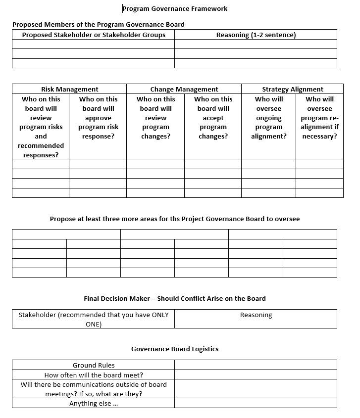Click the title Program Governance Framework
click(175, 8)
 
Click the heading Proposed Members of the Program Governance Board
click(99, 24)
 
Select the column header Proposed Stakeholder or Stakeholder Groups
click(94, 35)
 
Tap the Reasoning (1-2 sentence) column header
click(256, 35)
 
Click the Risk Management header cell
click(69, 89)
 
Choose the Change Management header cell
click(184, 89)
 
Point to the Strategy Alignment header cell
click(292, 89)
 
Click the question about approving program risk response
click(98, 118)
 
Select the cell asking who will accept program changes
click(213, 118)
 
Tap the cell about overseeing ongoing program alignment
click(268, 118)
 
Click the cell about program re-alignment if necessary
click(319, 118)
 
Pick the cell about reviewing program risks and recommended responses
click(41, 127)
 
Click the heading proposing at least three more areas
click(174, 219)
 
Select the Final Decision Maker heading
click(174, 298)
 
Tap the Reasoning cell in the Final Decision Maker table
click(256, 315)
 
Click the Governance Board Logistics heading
click(174, 349)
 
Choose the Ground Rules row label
click(94, 365)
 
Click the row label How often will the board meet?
click(94, 375)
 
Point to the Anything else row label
click(94, 403)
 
